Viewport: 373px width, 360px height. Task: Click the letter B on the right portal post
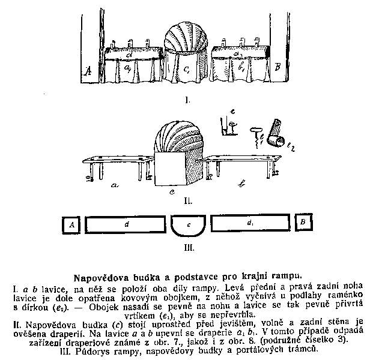[277, 67]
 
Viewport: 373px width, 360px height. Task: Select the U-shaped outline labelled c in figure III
[188, 226]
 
